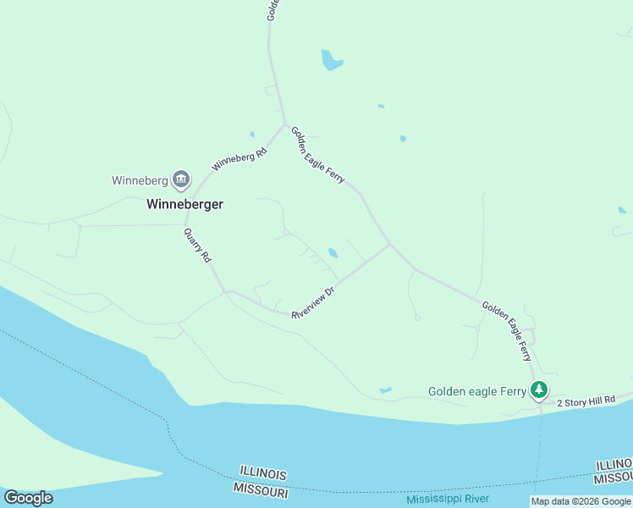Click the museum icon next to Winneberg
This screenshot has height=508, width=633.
tap(180, 179)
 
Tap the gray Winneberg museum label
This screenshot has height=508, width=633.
tap(140, 180)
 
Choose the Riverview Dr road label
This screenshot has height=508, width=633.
tap(314, 301)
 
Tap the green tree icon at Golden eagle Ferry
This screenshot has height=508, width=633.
tap(539, 390)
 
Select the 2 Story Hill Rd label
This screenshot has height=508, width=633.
tap(585, 400)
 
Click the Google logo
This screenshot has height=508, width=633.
tap(28, 498)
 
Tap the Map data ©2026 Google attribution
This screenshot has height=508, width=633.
tap(581, 501)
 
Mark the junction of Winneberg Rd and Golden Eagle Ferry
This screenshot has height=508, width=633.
tap(285, 124)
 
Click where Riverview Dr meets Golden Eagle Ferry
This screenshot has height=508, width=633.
tap(390, 245)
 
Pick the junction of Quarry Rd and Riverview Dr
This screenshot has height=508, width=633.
tap(226, 292)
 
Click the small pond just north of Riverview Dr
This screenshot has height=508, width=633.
tap(333, 252)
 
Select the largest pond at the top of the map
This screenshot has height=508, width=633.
tap(330, 60)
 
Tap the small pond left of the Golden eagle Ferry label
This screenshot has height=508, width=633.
tap(386, 389)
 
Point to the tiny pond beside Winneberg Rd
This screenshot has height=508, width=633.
tap(252, 134)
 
